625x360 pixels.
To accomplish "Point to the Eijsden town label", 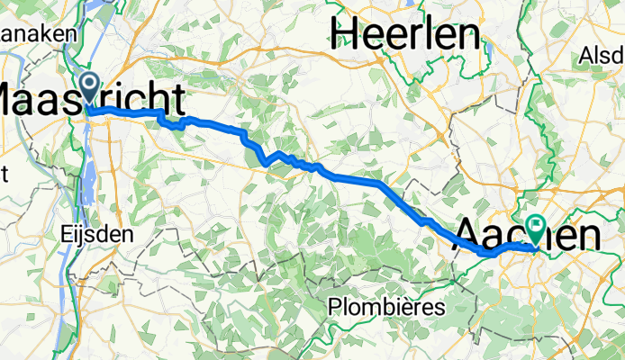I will pos(97,233).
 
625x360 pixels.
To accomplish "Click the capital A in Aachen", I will pos(466,236).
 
